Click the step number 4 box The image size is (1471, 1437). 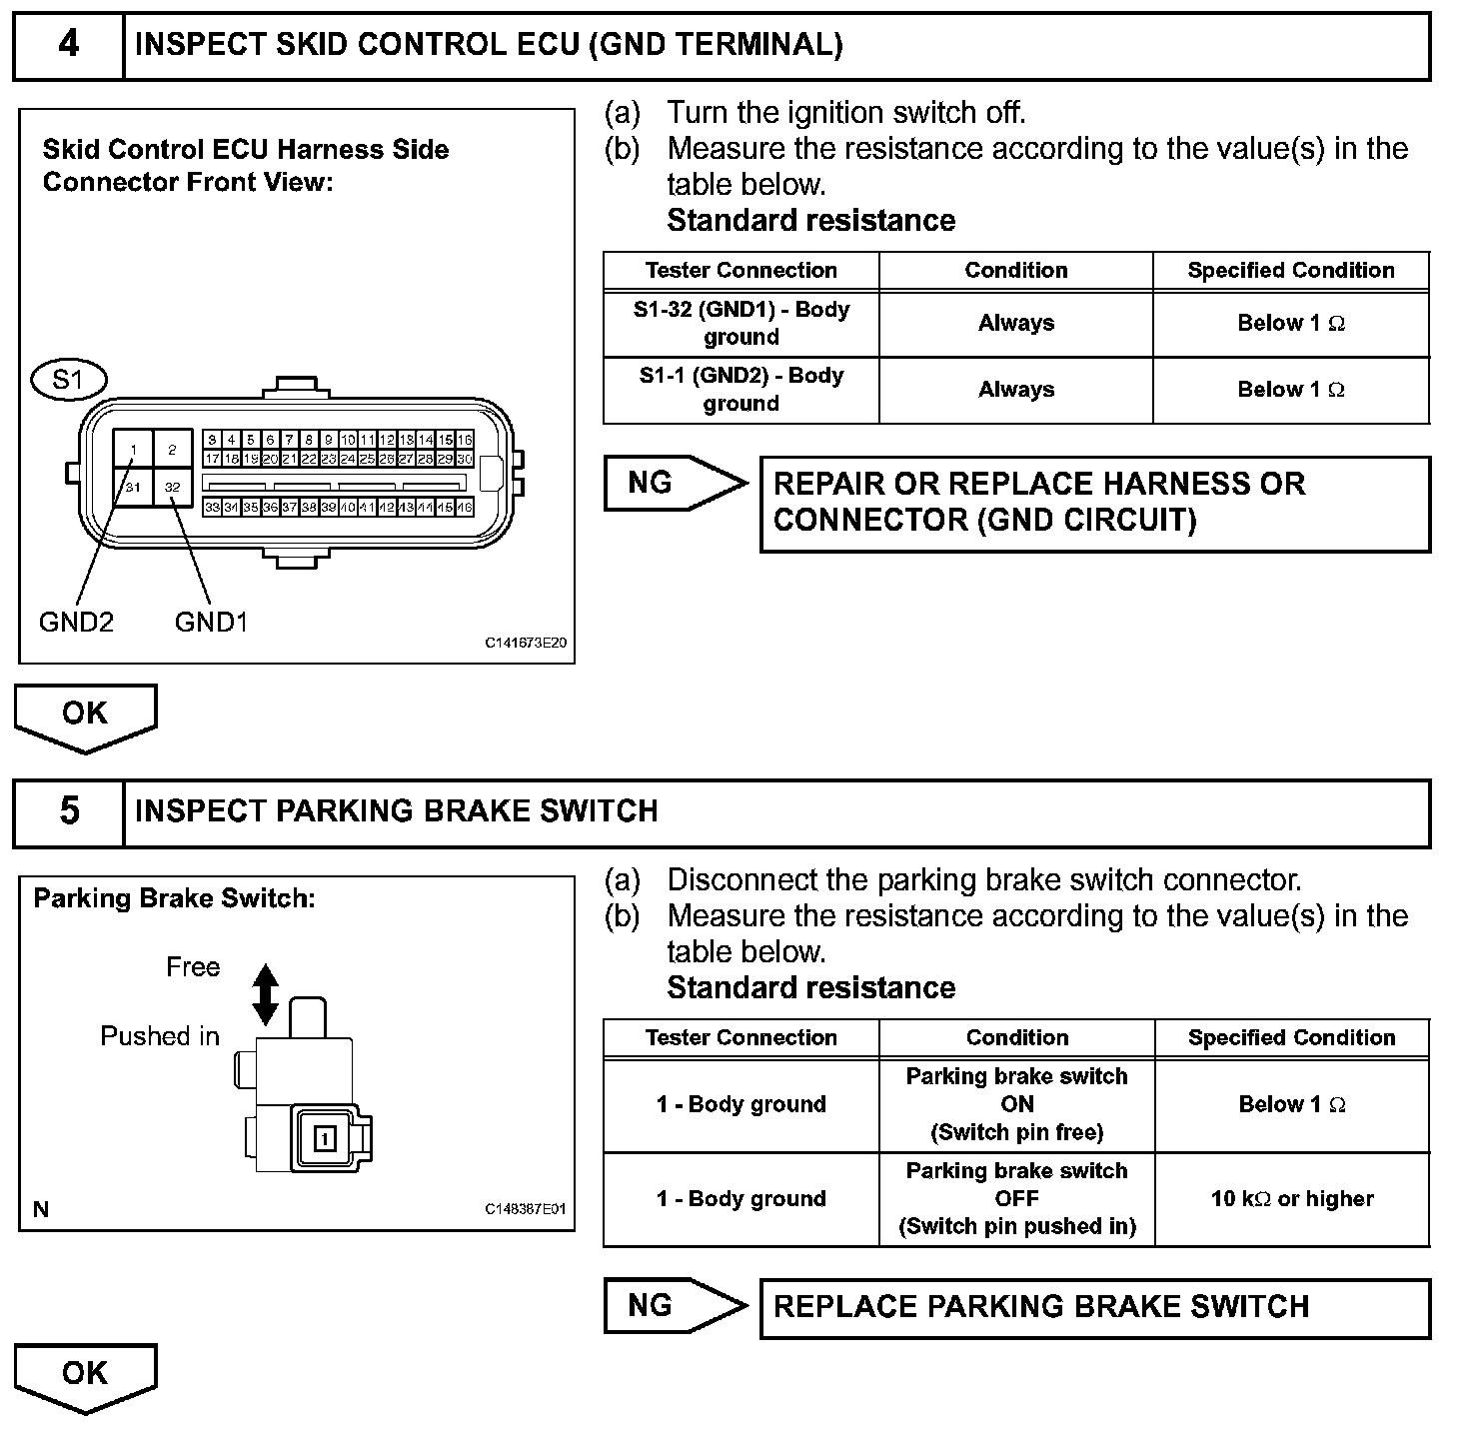pyautogui.click(x=68, y=45)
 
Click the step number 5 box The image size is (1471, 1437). pyautogui.click(x=68, y=810)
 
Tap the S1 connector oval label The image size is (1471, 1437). pyautogui.click(x=68, y=380)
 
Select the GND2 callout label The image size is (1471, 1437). pyautogui.click(x=76, y=622)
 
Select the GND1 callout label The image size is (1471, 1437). pyautogui.click(x=210, y=622)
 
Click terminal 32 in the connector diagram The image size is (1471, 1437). pyautogui.click(x=172, y=488)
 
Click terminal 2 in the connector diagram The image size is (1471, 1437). pyautogui.click(x=172, y=450)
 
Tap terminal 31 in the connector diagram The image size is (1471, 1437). pyautogui.click(x=133, y=488)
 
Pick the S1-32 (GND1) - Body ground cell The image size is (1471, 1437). pyautogui.click(x=740, y=323)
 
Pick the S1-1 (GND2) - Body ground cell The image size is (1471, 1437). pyautogui.click(x=740, y=390)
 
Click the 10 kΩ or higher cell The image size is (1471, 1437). pyautogui.click(x=1291, y=1198)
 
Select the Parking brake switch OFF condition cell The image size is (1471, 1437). pyautogui.click(x=1016, y=1198)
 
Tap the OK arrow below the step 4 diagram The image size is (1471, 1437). pyautogui.click(x=85, y=716)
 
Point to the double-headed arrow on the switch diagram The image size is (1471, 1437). pyautogui.click(x=265, y=994)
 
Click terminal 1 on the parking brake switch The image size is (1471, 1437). pyautogui.click(x=325, y=1138)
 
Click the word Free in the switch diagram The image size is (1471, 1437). pyautogui.click(x=193, y=967)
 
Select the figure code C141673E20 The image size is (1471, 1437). pyautogui.click(x=526, y=643)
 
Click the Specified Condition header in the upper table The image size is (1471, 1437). pyautogui.click(x=1290, y=271)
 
